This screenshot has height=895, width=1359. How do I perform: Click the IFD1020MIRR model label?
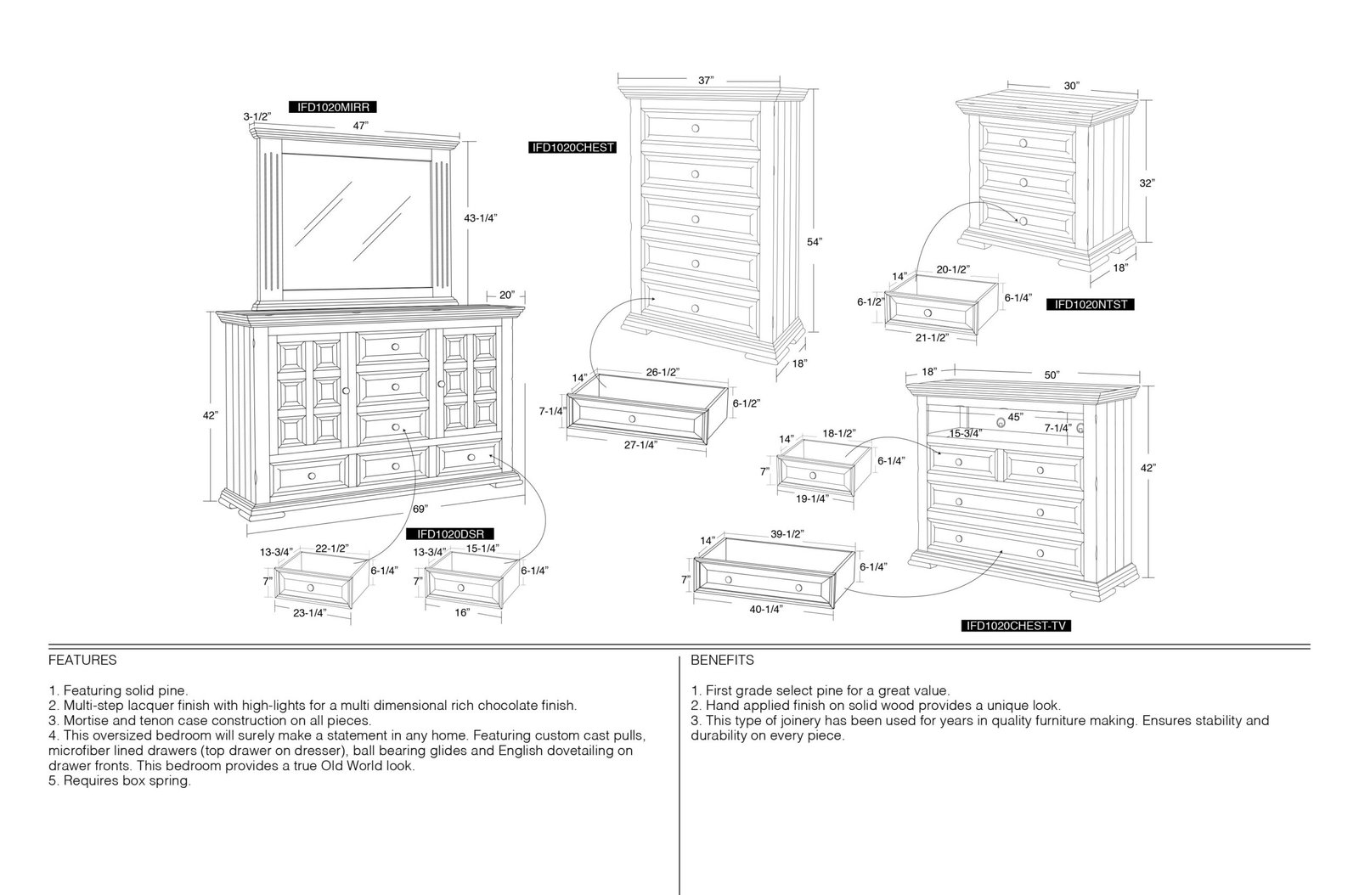tap(333, 107)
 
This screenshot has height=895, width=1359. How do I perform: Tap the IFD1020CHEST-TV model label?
tap(1016, 626)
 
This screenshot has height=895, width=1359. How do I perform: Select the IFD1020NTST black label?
tap(1091, 304)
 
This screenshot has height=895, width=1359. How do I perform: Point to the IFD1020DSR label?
tap(450, 534)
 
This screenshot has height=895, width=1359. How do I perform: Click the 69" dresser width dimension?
tap(420, 509)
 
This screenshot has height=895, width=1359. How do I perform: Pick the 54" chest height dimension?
tap(815, 242)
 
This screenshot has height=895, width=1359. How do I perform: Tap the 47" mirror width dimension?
tap(360, 127)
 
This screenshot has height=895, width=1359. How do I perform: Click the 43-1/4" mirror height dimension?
tap(481, 218)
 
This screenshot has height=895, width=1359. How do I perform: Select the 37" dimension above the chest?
tap(706, 80)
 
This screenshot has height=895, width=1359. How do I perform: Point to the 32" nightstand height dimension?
tap(1147, 183)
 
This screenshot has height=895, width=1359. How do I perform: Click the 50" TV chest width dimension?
tap(1052, 375)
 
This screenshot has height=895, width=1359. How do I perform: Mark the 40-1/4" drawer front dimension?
tap(765, 610)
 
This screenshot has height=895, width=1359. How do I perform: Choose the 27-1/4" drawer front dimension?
tap(640, 445)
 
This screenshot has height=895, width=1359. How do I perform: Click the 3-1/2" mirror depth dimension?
tap(257, 116)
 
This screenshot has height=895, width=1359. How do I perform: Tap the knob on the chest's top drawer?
tap(696, 128)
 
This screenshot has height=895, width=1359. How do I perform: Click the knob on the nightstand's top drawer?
tap(1023, 144)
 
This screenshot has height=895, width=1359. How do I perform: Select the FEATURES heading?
tap(82, 660)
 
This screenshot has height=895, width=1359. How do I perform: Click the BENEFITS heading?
tap(722, 660)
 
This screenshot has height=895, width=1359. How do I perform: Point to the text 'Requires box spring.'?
tap(127, 780)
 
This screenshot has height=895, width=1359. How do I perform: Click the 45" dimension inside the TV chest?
tap(1015, 417)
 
